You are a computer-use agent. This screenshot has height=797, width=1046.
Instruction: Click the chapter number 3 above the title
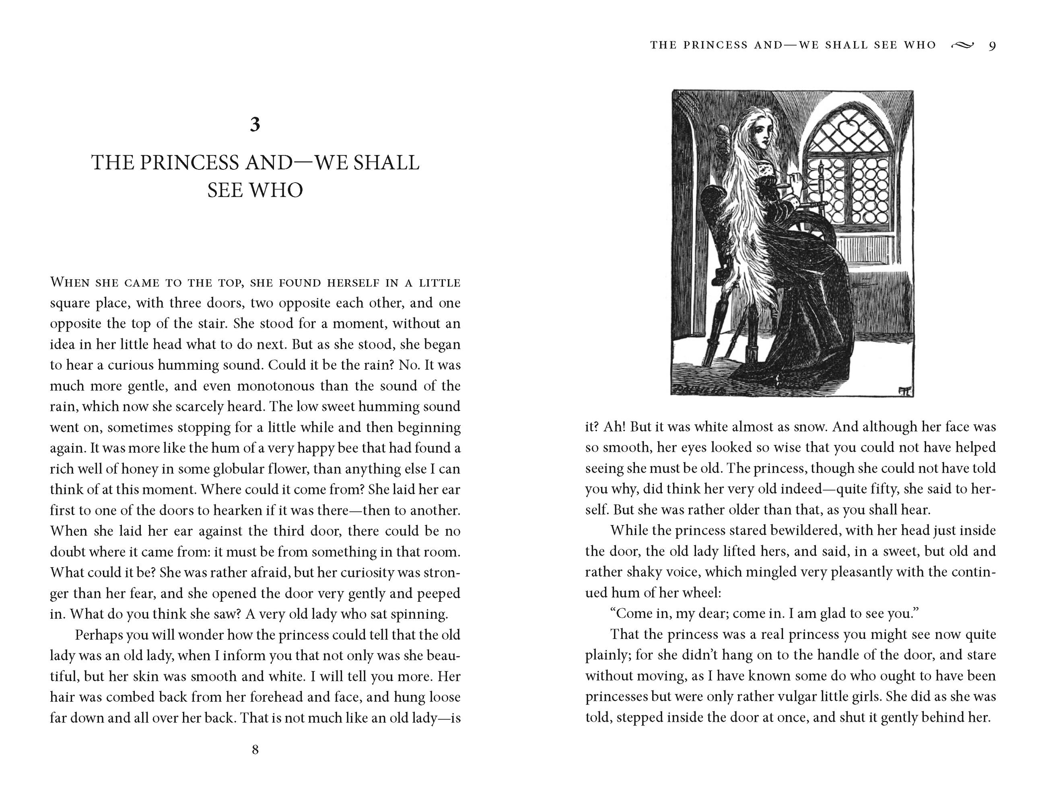(255, 124)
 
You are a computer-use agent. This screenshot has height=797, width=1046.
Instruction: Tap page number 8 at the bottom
(255, 749)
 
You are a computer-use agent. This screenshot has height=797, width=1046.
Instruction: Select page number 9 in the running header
(992, 46)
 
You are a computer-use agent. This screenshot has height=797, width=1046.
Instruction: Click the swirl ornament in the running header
(962, 45)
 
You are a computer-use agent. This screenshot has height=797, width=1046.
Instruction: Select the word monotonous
(276, 386)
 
